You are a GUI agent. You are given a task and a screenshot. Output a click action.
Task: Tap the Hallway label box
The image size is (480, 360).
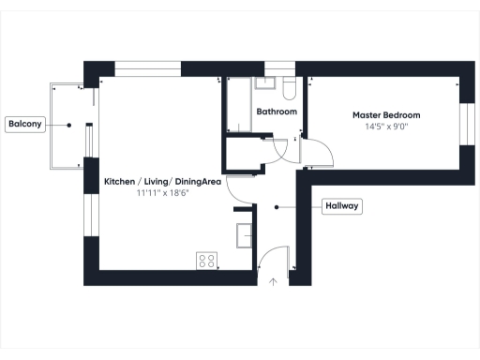342,206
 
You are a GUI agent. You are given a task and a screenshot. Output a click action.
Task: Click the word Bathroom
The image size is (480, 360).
277,112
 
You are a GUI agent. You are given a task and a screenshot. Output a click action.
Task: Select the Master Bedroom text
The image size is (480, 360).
386,114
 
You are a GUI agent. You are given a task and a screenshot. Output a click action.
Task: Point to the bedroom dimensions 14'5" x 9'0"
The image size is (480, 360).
386,127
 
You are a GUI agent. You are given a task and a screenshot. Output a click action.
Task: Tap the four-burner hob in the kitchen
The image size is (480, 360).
206,262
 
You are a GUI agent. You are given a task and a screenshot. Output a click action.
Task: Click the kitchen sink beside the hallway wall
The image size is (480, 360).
245,234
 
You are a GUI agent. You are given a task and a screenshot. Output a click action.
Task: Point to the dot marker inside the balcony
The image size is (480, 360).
69,124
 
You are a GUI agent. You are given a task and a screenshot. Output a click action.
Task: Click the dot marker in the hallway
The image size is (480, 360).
276,206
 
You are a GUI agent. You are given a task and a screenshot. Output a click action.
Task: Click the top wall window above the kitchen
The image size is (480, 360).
147,68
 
